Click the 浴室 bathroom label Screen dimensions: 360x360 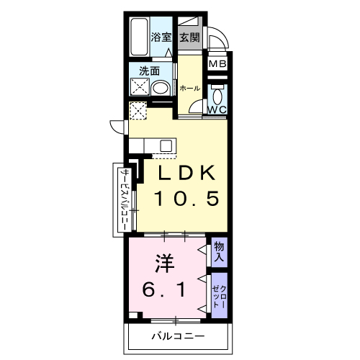pos(160,37)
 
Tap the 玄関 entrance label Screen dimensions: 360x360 pos(190,37)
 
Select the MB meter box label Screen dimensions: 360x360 pos(217,64)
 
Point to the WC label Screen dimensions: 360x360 pos(217,109)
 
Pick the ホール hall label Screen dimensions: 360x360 pos(189,88)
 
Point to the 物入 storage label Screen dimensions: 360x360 pos(219,252)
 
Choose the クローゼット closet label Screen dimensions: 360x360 pos(219,294)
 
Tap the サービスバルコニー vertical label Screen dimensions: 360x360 pos(124,200)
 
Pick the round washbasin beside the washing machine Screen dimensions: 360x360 pos(162,88)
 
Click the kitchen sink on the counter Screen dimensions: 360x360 pos(165,145)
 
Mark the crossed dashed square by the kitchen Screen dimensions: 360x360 pos(137,110)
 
